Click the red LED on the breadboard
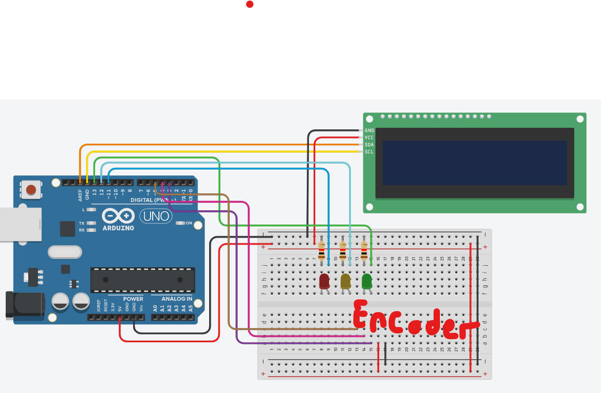(x=324, y=281)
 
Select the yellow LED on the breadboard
(x=346, y=281)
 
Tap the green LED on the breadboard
(x=367, y=281)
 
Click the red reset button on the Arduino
(x=31, y=190)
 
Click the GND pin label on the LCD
(x=369, y=130)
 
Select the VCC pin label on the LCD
(x=369, y=137)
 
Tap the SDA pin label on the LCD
(x=369, y=145)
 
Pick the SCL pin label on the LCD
(x=369, y=152)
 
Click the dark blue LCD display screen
(x=474, y=163)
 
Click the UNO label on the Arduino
(x=156, y=216)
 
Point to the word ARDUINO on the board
(x=118, y=228)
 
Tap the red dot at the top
(x=250, y=4)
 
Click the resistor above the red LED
(x=322, y=246)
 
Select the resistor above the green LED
(x=364, y=246)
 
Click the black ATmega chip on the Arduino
(x=142, y=280)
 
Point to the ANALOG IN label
(x=177, y=299)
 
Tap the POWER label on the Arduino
(x=133, y=299)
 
